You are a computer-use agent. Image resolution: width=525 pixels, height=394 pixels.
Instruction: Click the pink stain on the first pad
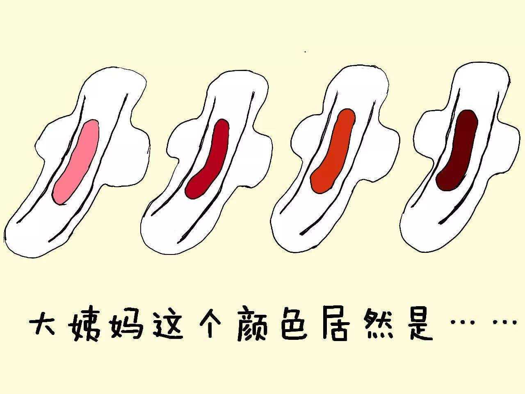(x=75, y=161)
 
